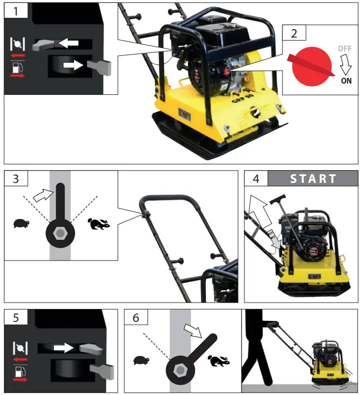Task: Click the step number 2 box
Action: pyautogui.click(x=294, y=34)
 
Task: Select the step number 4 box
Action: pyautogui.click(x=256, y=178)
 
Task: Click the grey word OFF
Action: pyautogui.click(x=345, y=48)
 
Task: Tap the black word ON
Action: pyautogui.click(x=346, y=81)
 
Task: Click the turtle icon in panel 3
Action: pyautogui.click(x=22, y=223)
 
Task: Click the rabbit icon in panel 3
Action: pyautogui.click(x=99, y=224)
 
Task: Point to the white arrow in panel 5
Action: pyautogui.click(x=63, y=348)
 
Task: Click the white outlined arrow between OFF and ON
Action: pyautogui.click(x=346, y=64)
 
